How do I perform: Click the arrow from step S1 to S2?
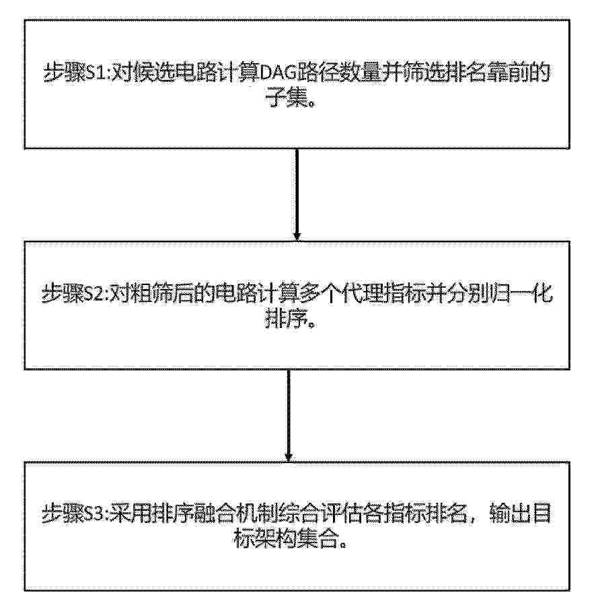pyautogui.click(x=297, y=194)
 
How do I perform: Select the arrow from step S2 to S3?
pyautogui.click(x=289, y=415)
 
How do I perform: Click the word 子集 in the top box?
pyautogui.click(x=287, y=97)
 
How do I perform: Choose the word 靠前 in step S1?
pyautogui.click(x=507, y=73)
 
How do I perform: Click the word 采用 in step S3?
pyautogui.click(x=131, y=515)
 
